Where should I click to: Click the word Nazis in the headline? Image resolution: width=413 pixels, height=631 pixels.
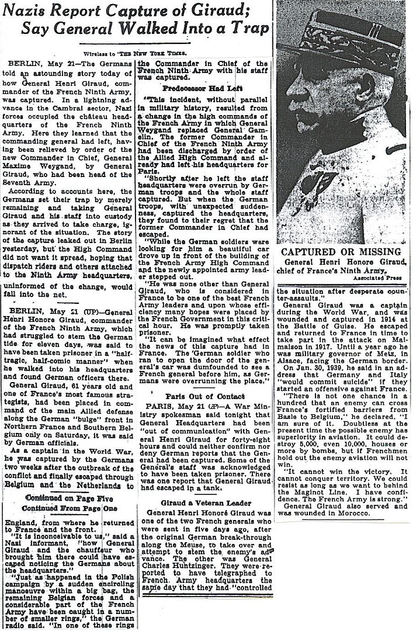pyautogui.click(x=33, y=10)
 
